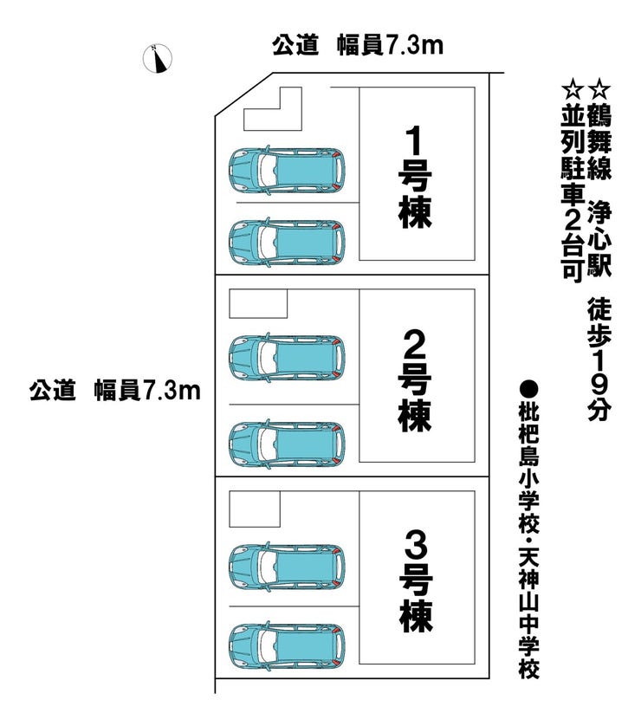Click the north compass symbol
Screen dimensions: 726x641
[158, 57]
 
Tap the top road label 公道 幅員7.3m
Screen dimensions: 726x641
[358, 45]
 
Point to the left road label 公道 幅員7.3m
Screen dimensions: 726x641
[113, 391]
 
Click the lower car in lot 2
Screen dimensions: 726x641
[287, 442]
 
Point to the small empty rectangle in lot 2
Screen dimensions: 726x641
[257, 304]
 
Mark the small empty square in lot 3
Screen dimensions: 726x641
[254, 509]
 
